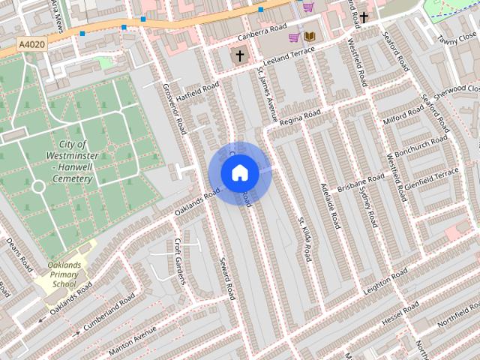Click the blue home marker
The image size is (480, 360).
click(239, 172)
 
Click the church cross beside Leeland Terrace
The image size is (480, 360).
click(240, 55)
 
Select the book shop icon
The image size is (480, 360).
click(309, 36)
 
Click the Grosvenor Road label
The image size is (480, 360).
click(174, 109)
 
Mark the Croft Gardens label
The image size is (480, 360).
click(179, 261)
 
